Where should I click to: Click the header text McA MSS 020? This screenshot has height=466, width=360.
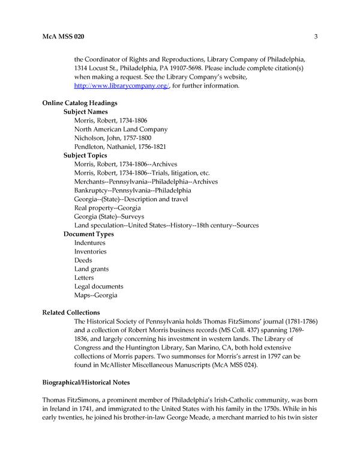pos(63,37)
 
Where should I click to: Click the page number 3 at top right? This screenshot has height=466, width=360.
pos(315,37)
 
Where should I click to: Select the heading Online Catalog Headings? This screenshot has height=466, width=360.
pos(79,103)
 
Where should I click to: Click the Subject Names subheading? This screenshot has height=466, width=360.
pos(85,112)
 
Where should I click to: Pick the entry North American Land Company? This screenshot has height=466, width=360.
pos(121,129)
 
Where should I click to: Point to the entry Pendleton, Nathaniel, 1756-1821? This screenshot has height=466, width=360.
pos(120,147)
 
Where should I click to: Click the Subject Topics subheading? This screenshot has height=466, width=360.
pos(85,156)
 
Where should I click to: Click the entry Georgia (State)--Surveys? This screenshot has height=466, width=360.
pos(109,216)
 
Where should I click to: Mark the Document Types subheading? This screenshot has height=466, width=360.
pos(89,234)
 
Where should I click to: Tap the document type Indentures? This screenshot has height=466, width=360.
pos(90,243)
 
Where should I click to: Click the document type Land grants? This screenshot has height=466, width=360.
pos(92,269)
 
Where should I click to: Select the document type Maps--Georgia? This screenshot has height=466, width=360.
pos(96,295)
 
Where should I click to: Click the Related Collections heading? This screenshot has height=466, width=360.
pos(71,313)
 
